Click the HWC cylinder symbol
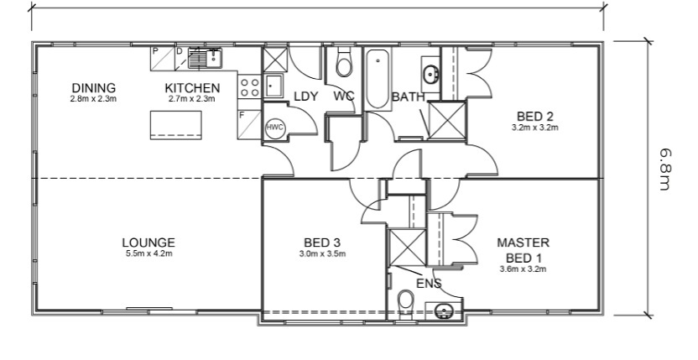point(274,127)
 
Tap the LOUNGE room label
point(148,243)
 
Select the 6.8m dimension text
point(664,170)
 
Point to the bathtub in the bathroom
point(378,79)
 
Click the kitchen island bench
point(176,125)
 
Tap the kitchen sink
point(205,58)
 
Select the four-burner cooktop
point(249,87)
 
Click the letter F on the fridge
point(242,115)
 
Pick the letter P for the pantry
point(155,51)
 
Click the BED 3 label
point(322,243)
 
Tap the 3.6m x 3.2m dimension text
point(523,269)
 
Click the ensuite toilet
point(405,303)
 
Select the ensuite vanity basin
point(443,310)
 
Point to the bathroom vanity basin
point(430,74)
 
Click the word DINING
point(93,88)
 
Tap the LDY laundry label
point(306,96)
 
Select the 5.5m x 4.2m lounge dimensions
point(148,254)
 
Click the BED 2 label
point(535,117)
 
